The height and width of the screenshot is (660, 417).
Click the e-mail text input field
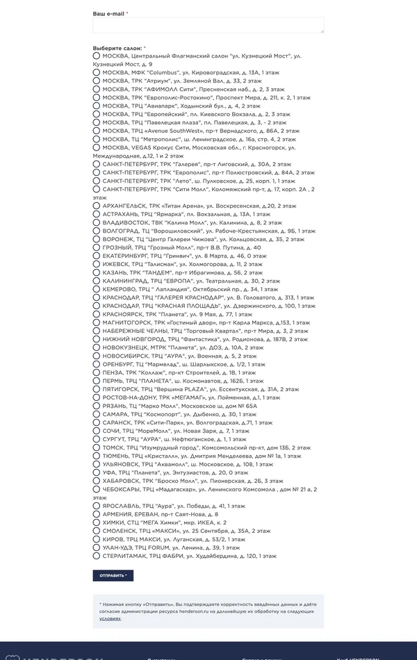point(208,25)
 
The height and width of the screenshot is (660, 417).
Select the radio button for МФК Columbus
point(97,72)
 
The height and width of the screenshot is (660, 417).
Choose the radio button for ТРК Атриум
point(97,81)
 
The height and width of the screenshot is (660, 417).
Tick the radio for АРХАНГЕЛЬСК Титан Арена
point(97,206)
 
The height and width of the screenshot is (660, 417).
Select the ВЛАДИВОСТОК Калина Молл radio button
point(97,222)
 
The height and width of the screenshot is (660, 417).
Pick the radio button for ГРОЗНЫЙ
point(97,247)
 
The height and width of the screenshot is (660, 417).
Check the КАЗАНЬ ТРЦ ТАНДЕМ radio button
point(97,272)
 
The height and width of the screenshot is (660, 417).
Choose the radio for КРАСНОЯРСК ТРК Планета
point(97,314)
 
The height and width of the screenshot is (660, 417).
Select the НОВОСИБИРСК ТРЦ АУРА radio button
point(97,356)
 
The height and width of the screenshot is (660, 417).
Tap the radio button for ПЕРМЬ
point(97,381)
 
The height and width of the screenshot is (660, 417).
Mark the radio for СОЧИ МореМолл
point(97,431)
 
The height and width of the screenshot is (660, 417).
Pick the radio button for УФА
point(97,472)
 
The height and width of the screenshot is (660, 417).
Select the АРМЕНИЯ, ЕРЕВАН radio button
point(97,514)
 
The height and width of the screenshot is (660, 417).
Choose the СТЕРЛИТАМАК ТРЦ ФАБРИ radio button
point(97,556)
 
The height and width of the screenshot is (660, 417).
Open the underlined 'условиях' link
point(110,618)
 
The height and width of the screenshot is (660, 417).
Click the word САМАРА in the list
point(115,414)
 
